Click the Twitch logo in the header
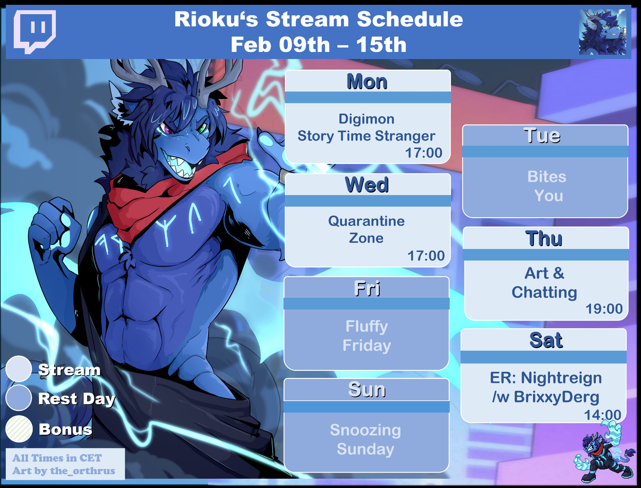click(35, 31)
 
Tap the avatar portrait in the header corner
click(603, 32)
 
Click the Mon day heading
click(367, 81)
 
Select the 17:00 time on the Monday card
click(424, 153)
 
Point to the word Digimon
click(367, 119)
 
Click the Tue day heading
click(542, 135)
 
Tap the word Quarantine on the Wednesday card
click(366, 221)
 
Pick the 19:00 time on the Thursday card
click(604, 309)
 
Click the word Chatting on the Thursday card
click(544, 292)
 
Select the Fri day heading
click(367, 288)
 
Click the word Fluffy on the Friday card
click(367, 327)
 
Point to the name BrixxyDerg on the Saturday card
click(557, 397)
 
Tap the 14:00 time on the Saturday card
click(603, 415)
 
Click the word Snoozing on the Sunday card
click(365, 430)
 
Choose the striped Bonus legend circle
click(19, 429)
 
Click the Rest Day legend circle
click(19, 398)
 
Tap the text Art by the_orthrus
click(63, 471)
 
